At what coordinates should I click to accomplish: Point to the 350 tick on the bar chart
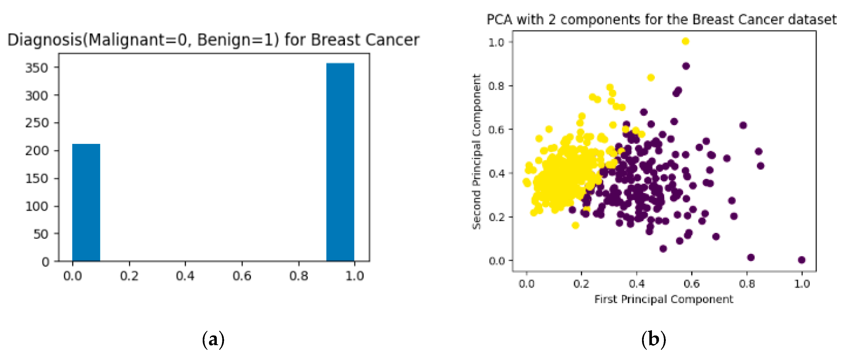[37, 68]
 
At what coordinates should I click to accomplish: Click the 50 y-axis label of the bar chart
[41, 234]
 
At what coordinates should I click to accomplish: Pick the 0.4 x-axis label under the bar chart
[185, 276]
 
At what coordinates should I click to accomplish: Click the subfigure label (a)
[213, 339]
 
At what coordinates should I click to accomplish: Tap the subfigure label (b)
[654, 339]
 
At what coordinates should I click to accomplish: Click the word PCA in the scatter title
[499, 20]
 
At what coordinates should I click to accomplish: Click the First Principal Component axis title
[664, 299]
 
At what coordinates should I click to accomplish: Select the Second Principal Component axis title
[476, 151]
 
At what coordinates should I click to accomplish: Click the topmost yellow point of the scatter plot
[685, 41]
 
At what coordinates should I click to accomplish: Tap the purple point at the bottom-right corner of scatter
[801, 260]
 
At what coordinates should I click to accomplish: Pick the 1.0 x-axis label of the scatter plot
[802, 284]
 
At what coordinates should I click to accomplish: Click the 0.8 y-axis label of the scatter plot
[496, 86]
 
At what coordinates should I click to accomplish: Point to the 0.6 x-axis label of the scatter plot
[692, 284]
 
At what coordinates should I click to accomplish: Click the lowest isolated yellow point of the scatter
[575, 225]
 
